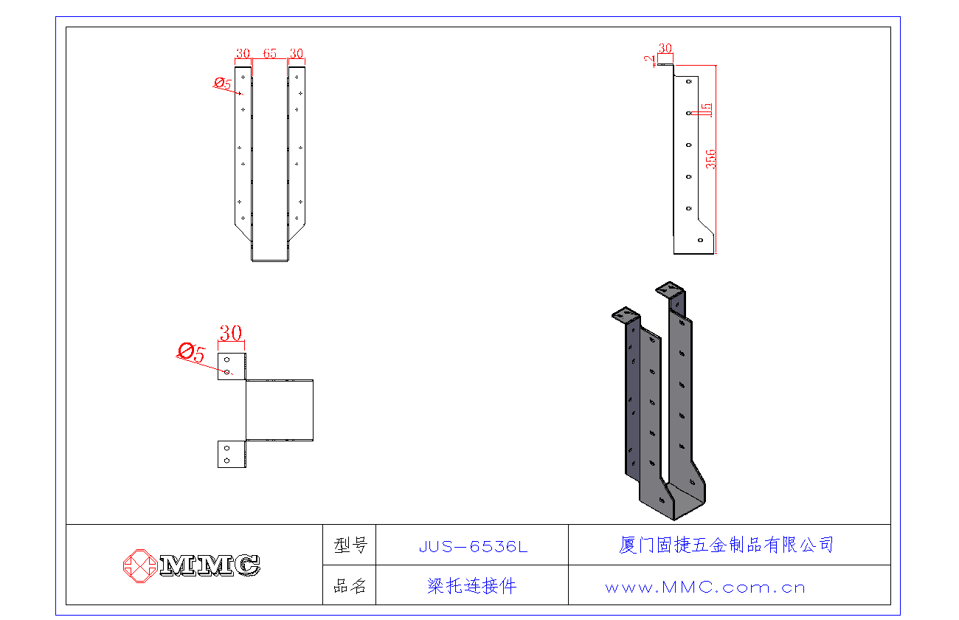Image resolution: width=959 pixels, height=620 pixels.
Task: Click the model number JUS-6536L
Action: coord(473,546)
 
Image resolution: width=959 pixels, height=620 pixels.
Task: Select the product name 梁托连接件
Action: coord(472,586)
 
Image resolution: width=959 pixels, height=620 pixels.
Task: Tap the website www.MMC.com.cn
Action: coord(704,588)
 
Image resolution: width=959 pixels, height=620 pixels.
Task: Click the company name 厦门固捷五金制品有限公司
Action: coord(727,545)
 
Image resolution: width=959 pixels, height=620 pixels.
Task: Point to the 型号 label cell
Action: coord(350,545)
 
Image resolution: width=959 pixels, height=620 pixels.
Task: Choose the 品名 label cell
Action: coord(350,586)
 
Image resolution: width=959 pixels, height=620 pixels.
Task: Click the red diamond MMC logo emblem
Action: coord(139,565)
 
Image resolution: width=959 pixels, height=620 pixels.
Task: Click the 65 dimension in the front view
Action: coord(269,53)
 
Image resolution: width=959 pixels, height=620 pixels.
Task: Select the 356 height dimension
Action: coord(711,159)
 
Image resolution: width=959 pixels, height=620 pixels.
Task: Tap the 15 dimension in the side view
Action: coord(706,111)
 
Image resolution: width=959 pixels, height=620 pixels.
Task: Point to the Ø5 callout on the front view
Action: coord(223,83)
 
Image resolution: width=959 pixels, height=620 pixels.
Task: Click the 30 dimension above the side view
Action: coord(665,48)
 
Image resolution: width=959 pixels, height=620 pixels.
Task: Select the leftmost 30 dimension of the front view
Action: coord(243,53)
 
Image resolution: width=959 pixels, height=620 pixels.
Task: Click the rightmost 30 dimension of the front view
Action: coord(297,53)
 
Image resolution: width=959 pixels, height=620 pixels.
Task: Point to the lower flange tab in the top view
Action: coord(232,454)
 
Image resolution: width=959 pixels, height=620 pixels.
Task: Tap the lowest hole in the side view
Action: coord(700,239)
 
